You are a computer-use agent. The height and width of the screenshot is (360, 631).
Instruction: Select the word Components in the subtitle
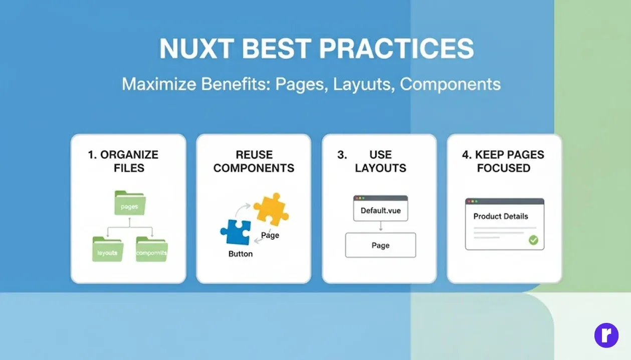point(450,84)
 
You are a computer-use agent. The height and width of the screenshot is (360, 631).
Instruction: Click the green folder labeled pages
point(130,203)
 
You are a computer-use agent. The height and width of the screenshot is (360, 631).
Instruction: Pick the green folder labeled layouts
point(107,250)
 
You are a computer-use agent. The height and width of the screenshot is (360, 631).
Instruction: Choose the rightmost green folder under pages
point(152,250)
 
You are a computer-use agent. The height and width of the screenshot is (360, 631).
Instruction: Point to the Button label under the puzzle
point(241,254)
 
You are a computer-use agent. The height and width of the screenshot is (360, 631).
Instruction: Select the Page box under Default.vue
point(380,245)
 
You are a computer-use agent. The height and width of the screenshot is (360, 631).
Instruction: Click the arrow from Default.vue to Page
point(380,227)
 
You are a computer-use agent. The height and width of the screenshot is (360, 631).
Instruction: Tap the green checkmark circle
point(533,240)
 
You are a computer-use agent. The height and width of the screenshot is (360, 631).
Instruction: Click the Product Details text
point(501,217)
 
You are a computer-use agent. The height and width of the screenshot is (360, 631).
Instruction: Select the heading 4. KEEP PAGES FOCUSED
point(503,161)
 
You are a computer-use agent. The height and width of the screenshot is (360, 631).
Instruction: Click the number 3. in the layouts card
point(342,155)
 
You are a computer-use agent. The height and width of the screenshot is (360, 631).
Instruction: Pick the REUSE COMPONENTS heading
point(254,161)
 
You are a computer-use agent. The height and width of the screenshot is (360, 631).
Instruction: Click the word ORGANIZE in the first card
point(129,155)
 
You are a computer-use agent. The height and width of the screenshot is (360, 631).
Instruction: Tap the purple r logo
point(606,335)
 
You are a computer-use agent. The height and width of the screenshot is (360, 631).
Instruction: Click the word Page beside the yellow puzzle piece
point(270,235)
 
